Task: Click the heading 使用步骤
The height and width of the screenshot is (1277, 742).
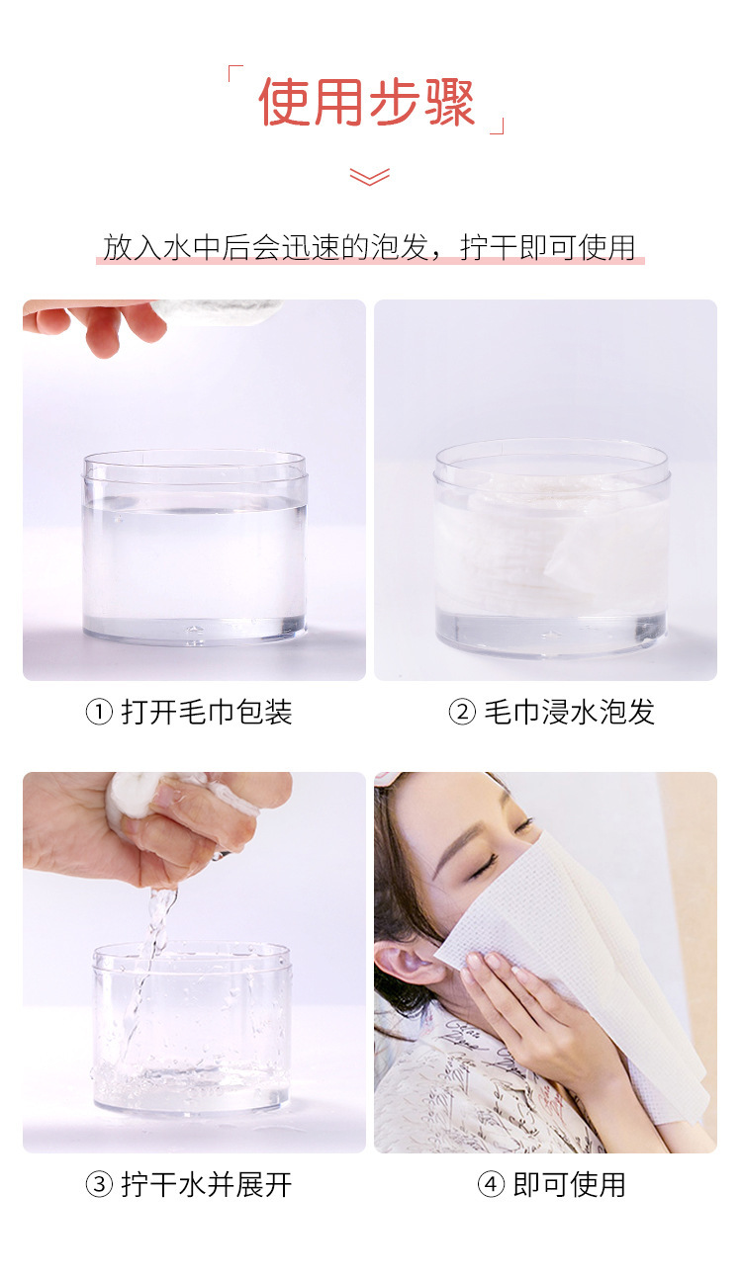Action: pyautogui.click(x=367, y=103)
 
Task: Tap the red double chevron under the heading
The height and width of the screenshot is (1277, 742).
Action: pyautogui.click(x=369, y=177)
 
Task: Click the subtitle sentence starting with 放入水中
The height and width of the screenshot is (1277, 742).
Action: pyautogui.click(x=369, y=247)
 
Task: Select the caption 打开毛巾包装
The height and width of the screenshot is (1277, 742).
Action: pyautogui.click(x=207, y=712)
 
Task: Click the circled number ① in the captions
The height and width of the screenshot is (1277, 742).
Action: pyautogui.click(x=99, y=712)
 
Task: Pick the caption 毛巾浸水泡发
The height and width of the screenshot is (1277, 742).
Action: pyautogui.click(x=569, y=712)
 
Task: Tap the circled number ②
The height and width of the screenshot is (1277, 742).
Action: pyautogui.click(x=462, y=712)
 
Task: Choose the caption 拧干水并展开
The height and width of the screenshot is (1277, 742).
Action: pyautogui.click(x=207, y=1184)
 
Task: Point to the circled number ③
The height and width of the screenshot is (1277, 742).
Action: pyautogui.click(x=99, y=1184)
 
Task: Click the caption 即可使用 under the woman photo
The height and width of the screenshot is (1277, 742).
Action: pyautogui.click(x=569, y=1184)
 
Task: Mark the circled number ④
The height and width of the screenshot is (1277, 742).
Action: pyautogui.click(x=491, y=1184)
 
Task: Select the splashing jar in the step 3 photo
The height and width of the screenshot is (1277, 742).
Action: pyautogui.click(x=193, y=1028)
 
